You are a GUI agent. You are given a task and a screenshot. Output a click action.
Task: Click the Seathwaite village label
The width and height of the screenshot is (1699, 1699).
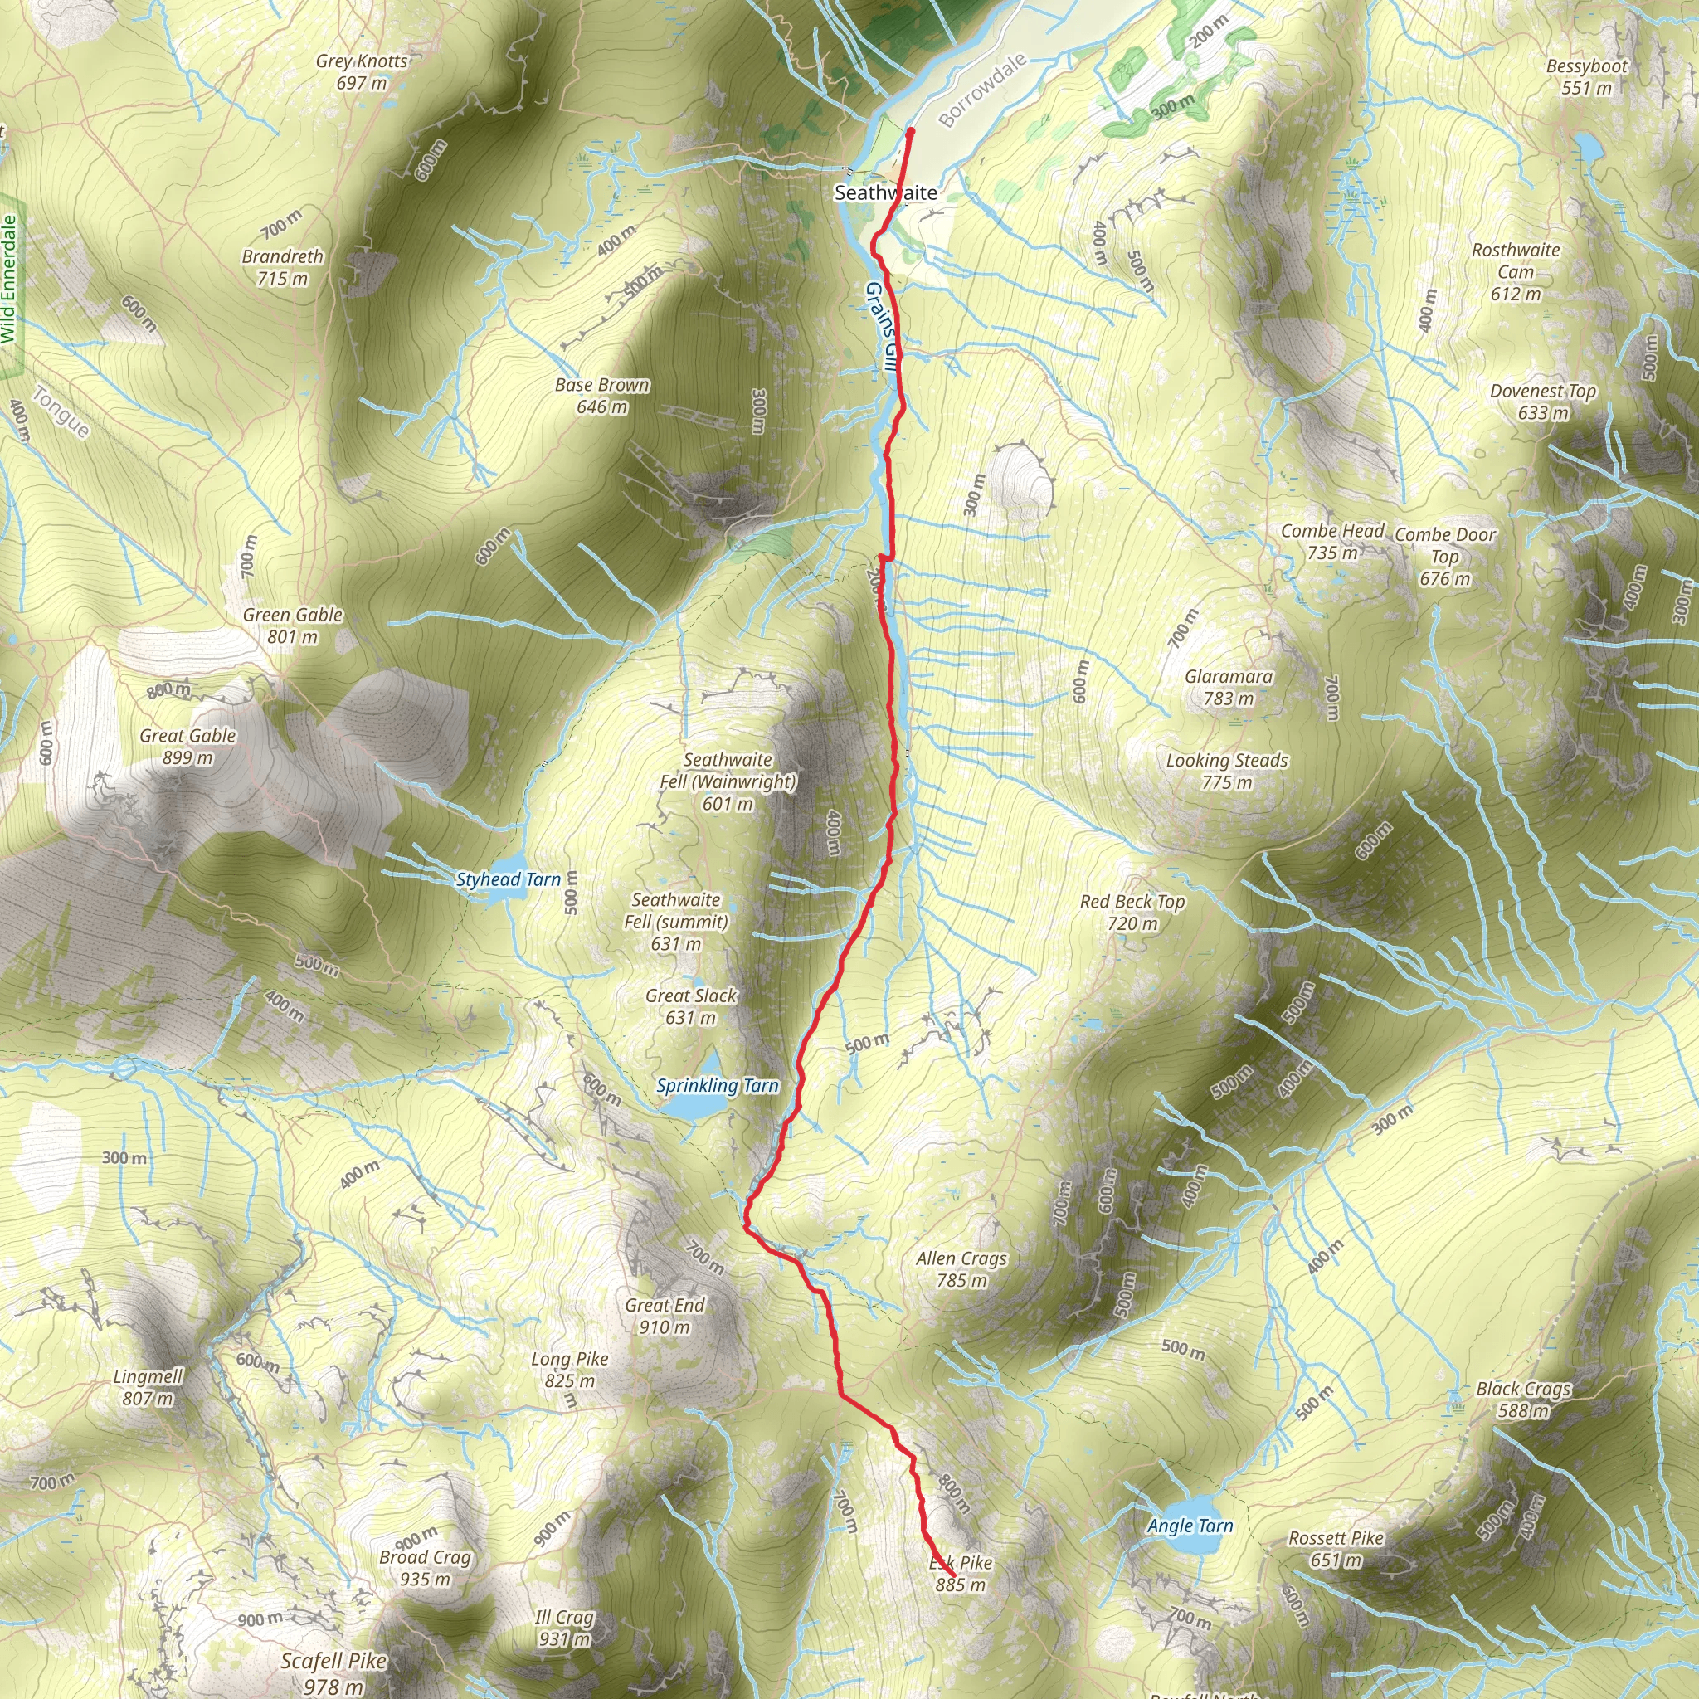click(885, 192)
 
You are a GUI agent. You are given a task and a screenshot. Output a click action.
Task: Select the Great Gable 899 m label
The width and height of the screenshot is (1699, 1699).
click(187, 747)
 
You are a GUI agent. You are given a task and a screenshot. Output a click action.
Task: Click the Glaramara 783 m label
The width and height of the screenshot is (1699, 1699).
click(1229, 688)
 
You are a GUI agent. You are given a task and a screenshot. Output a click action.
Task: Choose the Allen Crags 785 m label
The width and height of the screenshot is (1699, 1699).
click(961, 1270)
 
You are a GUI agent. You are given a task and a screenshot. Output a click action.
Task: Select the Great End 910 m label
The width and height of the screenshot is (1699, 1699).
click(665, 1317)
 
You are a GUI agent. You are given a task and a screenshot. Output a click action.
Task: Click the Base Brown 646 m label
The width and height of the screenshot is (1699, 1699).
click(601, 396)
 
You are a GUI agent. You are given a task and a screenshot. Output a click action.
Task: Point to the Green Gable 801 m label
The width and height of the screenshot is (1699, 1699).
click(292, 626)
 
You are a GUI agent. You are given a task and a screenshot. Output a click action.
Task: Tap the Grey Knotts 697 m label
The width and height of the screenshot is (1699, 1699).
click(362, 72)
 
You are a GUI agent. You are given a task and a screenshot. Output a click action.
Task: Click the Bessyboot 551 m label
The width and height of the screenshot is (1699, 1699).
click(1586, 77)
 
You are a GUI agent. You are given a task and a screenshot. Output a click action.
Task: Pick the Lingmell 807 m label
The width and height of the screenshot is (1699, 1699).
click(148, 1388)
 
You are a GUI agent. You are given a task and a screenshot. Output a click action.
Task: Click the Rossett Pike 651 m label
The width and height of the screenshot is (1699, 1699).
click(1336, 1550)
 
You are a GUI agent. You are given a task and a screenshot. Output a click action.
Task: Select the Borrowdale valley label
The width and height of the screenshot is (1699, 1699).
click(982, 90)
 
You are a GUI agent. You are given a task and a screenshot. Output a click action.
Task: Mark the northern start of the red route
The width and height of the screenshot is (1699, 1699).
click(910, 132)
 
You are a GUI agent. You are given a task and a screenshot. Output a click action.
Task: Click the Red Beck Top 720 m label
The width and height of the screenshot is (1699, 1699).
click(1132, 913)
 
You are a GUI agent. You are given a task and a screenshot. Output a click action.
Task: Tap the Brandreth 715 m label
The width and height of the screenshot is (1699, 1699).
click(282, 267)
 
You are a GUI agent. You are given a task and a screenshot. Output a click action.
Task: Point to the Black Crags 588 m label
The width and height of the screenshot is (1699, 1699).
click(1523, 1400)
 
